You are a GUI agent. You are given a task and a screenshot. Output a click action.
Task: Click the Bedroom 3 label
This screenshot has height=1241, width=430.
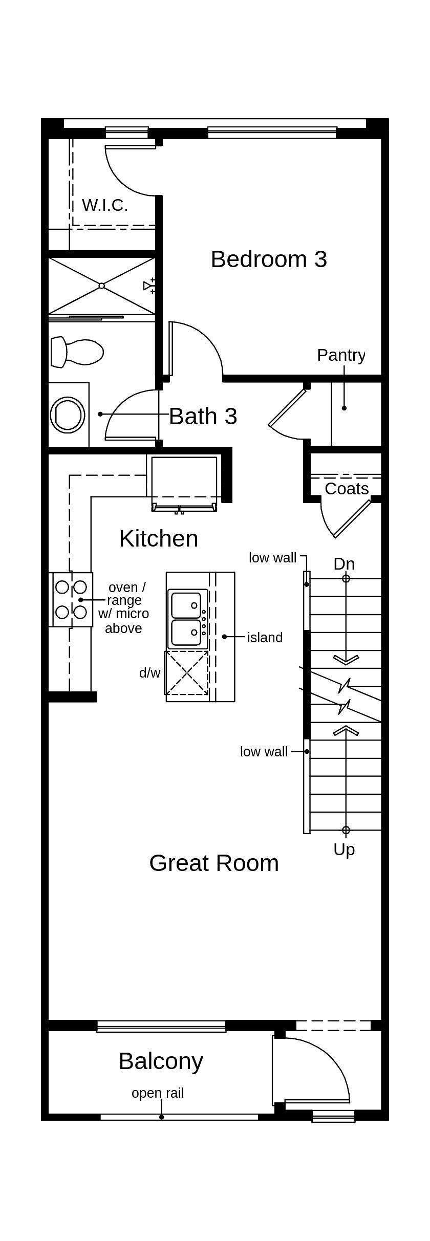pos(269,259)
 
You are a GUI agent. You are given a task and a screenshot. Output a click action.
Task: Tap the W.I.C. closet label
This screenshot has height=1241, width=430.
pos(104,205)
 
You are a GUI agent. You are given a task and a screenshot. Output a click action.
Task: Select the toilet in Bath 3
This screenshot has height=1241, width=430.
pos(77,352)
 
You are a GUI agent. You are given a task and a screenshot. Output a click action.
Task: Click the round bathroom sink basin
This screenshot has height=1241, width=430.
pos(68,415)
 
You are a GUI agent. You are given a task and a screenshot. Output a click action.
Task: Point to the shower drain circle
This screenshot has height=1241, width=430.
pos(101,286)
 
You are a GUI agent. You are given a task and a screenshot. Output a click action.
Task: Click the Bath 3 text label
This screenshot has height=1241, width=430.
pos(203,416)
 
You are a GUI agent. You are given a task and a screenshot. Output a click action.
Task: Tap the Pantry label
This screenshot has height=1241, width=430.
pos(341,355)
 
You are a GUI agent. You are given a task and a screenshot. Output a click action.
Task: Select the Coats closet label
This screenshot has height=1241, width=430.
pos(347,488)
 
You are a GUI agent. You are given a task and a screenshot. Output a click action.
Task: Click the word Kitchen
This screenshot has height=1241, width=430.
pos(158,538)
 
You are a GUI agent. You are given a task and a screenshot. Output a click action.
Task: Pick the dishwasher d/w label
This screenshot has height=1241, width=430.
pos(149,672)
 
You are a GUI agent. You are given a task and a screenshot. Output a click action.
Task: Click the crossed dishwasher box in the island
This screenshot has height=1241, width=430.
pos(187,672)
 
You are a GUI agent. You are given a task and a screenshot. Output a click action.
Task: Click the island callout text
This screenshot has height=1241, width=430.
pos(265,637)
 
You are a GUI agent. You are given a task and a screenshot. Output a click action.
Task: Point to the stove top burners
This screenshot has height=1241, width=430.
pos(71,599)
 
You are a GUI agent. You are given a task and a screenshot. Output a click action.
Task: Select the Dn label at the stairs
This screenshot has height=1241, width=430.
pos(344,563)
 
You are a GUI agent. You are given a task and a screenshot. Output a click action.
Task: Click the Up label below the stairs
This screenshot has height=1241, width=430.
pos(344,849)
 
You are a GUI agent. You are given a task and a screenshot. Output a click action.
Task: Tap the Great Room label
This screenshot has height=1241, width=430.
pos(214,863)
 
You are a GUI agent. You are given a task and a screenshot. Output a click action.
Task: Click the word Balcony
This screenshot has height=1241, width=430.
pos(161,1061)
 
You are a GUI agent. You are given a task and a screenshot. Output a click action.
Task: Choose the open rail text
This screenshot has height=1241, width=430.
pos(158,1093)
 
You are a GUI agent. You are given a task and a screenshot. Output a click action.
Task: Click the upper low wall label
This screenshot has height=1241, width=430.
pos(272,557)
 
